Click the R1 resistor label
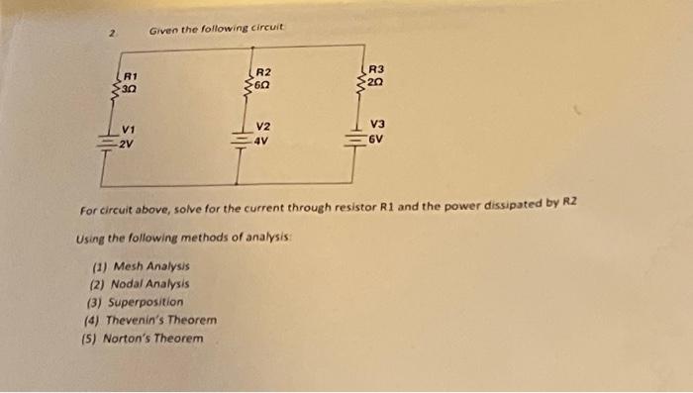point(130,74)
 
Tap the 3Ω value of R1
point(130,88)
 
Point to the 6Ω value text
point(262,85)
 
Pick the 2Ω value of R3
point(376,82)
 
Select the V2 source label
point(262,128)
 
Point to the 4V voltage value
point(261,141)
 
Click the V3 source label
point(376,125)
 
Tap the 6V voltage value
point(375,139)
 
